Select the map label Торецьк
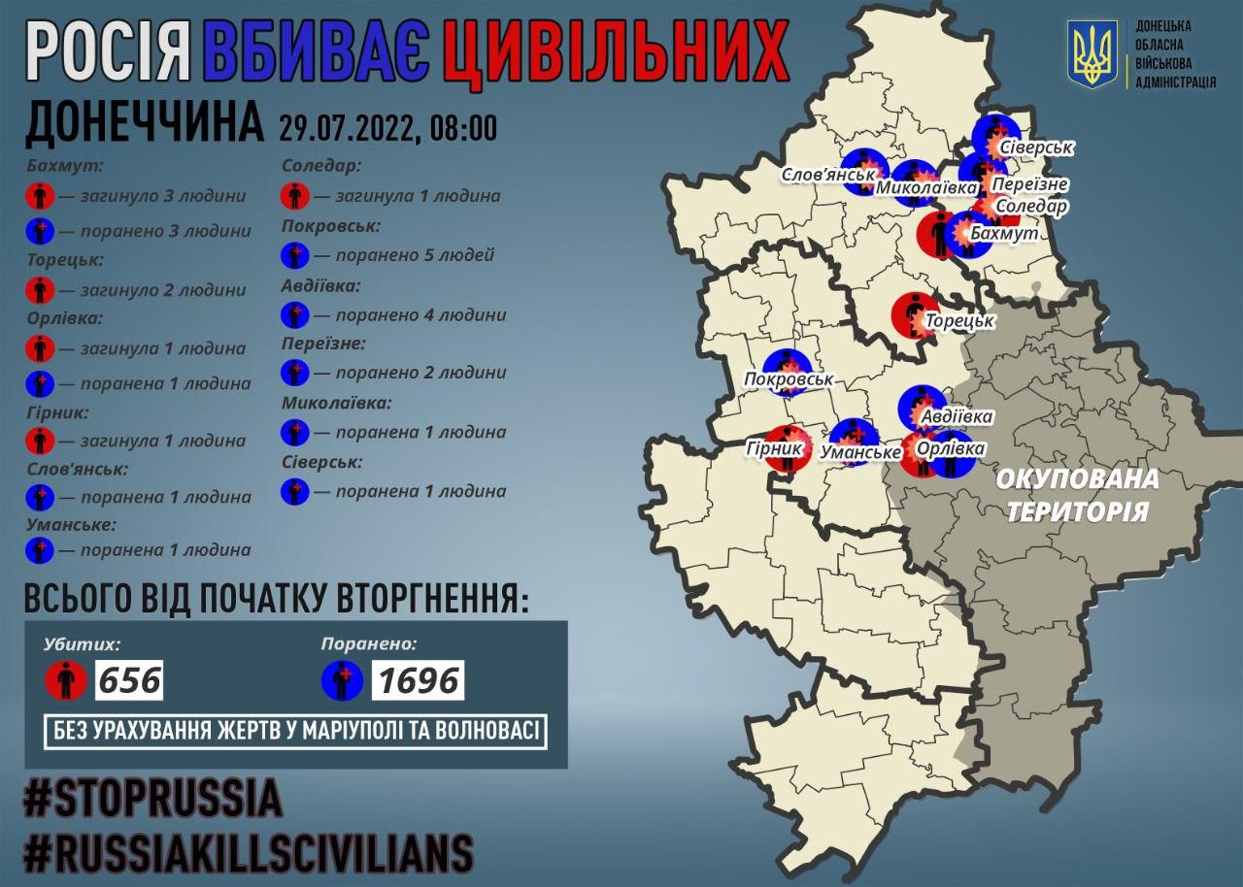coord(958,320)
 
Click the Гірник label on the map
coord(775,449)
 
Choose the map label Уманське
coord(859,451)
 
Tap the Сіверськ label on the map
coord(1036,148)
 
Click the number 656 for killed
coord(128,679)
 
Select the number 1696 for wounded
coord(418,679)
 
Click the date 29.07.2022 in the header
coord(346,127)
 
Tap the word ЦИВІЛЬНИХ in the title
coord(614,54)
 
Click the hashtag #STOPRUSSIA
coord(152,799)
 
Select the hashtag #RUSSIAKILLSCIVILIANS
coord(249,853)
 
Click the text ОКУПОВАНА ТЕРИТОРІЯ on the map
coord(1076,495)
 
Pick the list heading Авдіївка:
coord(320,286)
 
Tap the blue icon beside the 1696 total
coord(343,680)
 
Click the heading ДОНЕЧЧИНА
coord(143,123)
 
